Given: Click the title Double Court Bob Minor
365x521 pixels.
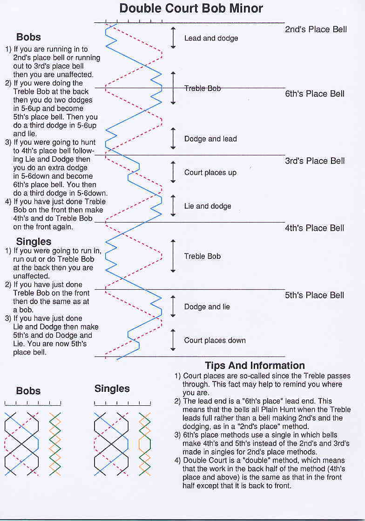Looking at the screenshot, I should pos(191,8).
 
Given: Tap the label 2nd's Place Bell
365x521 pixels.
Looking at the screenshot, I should pos(316,30).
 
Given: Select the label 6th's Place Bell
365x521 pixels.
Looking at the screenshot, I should pos(315,94).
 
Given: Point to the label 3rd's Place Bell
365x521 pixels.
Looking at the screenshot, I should pos(315,161).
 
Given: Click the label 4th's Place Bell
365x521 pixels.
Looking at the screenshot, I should pos(315,228).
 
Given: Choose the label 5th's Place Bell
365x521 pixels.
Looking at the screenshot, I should pos(315,295).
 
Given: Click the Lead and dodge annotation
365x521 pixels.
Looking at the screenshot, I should pos(211,38).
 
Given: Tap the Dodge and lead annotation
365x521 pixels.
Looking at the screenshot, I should pos(210,139).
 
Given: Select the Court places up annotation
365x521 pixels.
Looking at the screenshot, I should pos(210,173).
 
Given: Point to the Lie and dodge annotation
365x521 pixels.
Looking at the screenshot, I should pos(208,206).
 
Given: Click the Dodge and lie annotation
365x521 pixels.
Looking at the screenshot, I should pos(207,307).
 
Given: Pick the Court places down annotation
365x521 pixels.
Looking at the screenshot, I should pos(215,340).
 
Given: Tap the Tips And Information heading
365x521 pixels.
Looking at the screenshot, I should pos(255,366).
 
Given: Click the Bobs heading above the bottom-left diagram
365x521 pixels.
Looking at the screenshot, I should pos(28,391).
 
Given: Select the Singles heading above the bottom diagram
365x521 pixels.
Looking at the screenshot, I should pos(112,389).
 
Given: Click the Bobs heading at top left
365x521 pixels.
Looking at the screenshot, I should pos(28,37).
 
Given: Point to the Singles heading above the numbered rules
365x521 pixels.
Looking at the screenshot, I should pos(34,242).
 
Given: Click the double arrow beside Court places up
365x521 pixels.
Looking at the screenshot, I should pos(173,172).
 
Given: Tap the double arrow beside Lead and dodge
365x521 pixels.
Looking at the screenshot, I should pos(173,38).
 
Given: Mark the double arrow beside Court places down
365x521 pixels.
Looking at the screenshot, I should pos(173,340).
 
